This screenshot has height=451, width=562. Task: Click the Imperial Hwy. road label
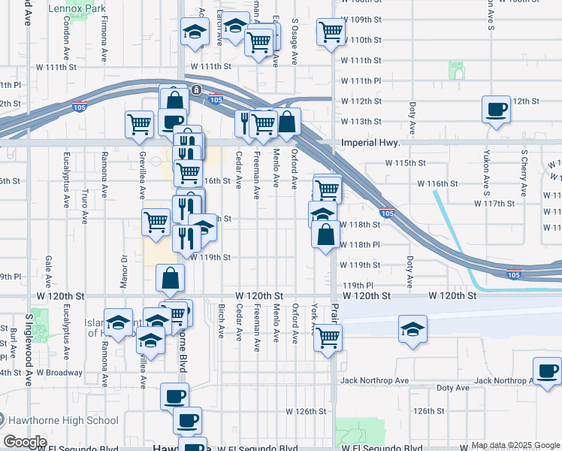368,142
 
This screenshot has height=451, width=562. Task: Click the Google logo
24,442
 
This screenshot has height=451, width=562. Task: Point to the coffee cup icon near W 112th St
495,109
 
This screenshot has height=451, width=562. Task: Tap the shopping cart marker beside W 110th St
330,32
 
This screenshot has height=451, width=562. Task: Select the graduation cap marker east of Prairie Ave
412,330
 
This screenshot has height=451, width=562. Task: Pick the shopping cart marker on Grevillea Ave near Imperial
140,124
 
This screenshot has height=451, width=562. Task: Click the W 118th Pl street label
360,245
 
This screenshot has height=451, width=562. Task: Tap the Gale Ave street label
47,266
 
